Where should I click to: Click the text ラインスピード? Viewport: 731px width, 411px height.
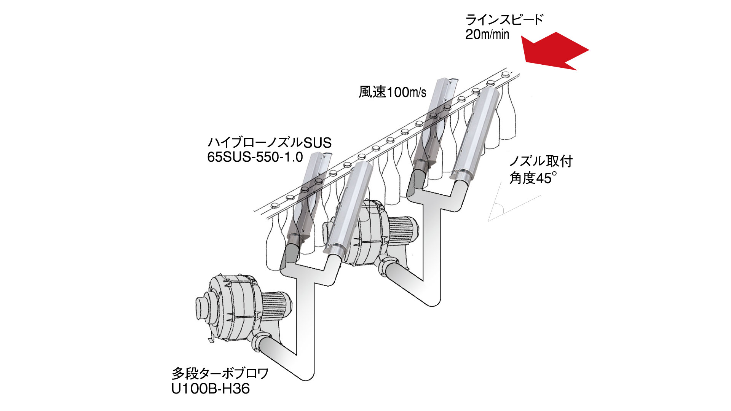(x=504, y=19)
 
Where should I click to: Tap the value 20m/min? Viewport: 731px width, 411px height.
(x=487, y=35)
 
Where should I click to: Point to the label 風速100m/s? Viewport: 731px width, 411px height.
(x=392, y=92)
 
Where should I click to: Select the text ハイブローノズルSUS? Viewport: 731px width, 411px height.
(x=269, y=143)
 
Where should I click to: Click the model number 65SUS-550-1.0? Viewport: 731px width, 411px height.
(x=255, y=157)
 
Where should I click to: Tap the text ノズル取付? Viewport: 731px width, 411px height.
(x=541, y=161)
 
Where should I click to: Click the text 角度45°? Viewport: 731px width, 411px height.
(x=533, y=178)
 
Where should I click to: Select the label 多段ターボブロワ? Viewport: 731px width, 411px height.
(x=220, y=373)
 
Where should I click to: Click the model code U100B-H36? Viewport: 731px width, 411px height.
(x=211, y=389)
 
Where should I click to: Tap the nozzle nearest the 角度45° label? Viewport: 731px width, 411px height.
(x=476, y=133)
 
